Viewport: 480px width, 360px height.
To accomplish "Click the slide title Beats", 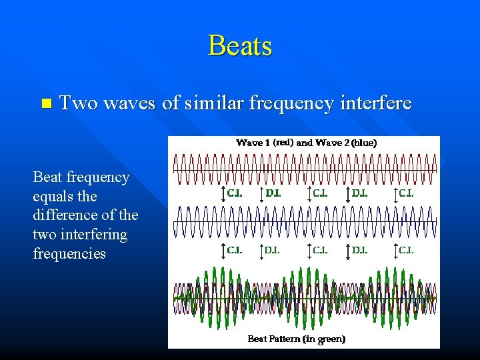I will (x=240, y=45).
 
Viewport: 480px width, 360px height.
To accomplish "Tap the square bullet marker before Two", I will (x=45, y=103).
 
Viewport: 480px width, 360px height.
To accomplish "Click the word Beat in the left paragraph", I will (x=48, y=177).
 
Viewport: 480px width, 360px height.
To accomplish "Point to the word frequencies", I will (x=69, y=254).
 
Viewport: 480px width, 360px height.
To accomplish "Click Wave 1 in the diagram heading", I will (x=253, y=143).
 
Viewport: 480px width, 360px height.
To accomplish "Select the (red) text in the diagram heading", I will (x=283, y=143).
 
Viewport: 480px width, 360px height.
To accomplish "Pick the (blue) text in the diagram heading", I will (x=364, y=143).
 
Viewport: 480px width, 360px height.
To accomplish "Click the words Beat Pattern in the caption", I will (x=273, y=339).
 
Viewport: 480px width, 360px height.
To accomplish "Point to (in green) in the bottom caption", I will (x=324, y=339).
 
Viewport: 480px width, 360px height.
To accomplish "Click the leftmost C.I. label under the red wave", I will (x=235, y=193).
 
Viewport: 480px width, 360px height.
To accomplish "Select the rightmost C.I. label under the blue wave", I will (x=406, y=251).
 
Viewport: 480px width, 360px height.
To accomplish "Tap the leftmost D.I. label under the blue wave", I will (x=273, y=251).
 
